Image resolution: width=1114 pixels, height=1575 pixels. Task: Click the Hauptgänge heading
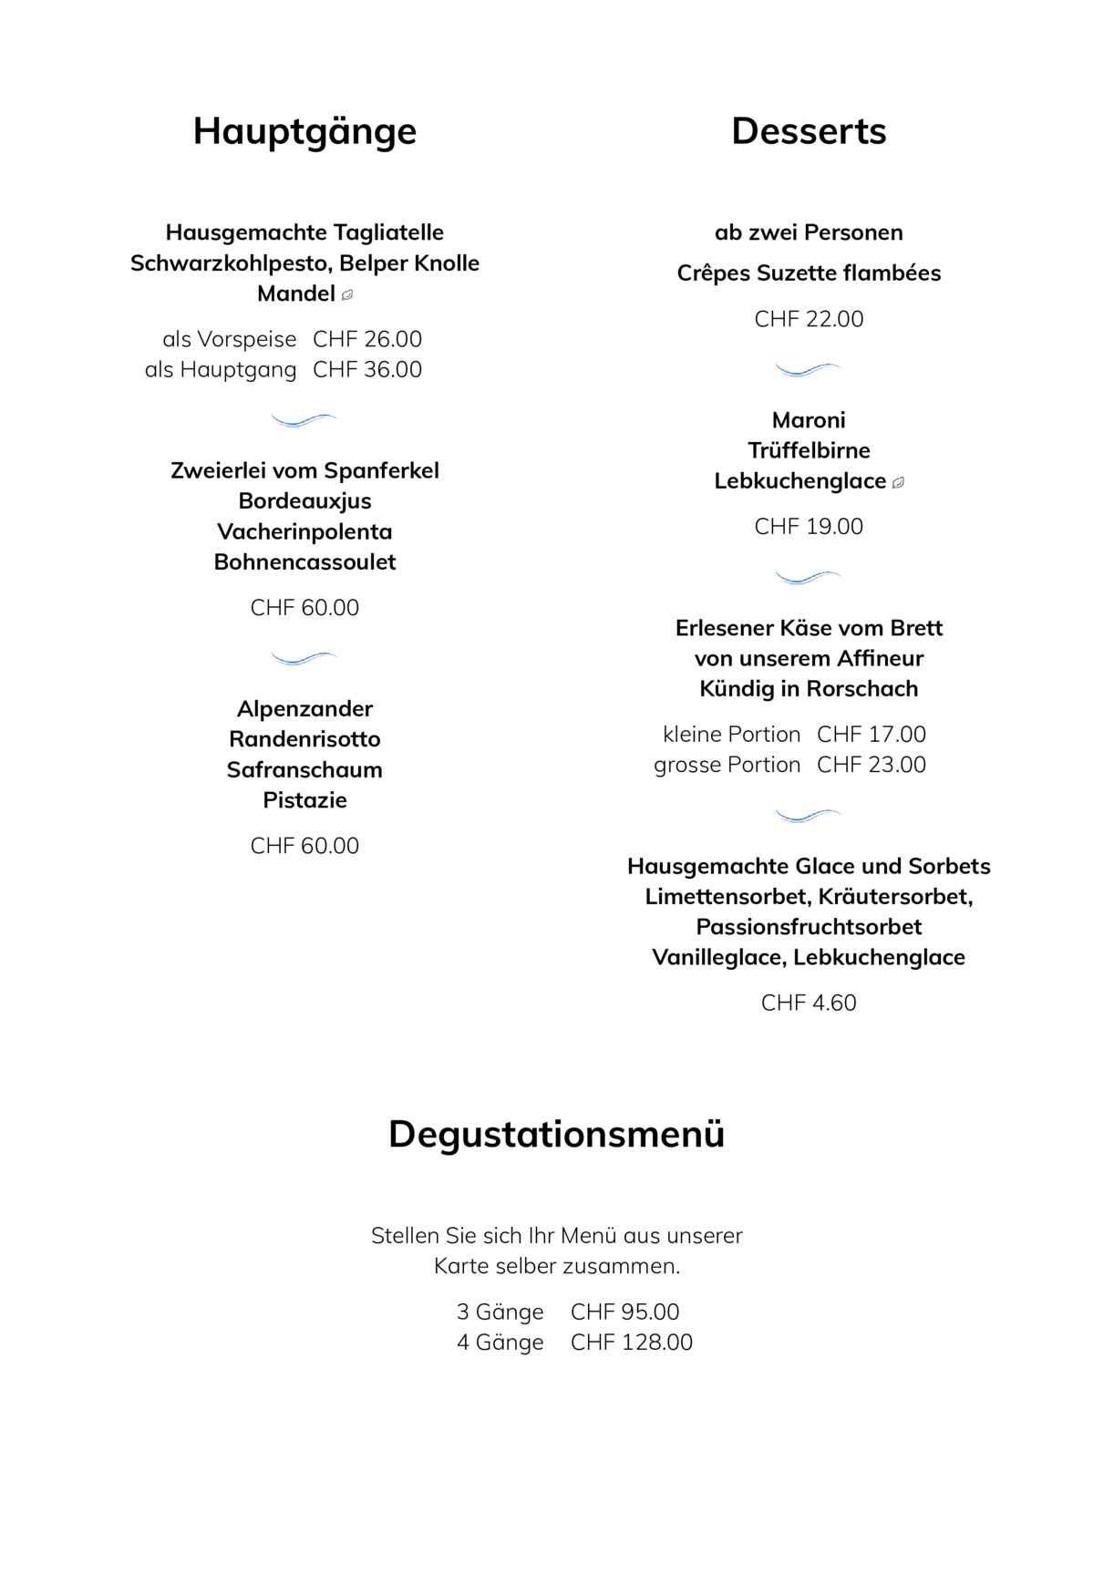pyautogui.click(x=304, y=131)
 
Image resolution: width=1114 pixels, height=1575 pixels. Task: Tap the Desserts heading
pyautogui.click(x=809, y=131)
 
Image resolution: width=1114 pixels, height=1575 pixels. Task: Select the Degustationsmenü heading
pyautogui.click(x=556, y=1135)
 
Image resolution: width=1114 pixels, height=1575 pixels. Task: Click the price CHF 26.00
pyautogui.click(x=367, y=339)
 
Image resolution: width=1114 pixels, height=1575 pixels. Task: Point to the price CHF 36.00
pyautogui.click(x=367, y=370)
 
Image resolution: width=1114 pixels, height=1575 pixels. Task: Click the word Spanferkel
pyautogui.click(x=381, y=471)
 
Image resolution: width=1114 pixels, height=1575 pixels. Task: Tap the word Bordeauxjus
pyautogui.click(x=304, y=501)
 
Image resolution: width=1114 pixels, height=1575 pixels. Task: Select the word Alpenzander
pyautogui.click(x=304, y=709)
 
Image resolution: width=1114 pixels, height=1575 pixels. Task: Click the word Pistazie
pyautogui.click(x=304, y=800)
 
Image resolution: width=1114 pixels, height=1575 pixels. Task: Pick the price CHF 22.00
pyautogui.click(x=809, y=319)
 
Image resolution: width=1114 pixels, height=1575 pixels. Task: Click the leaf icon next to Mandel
pyautogui.click(x=347, y=295)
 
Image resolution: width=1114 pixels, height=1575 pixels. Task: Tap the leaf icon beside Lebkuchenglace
pyautogui.click(x=898, y=482)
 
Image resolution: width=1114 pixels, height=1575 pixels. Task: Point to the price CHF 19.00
pyautogui.click(x=809, y=527)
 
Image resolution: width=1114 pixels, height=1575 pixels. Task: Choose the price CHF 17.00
pyautogui.click(x=872, y=735)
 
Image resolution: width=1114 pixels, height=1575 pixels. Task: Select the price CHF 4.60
pyautogui.click(x=809, y=1003)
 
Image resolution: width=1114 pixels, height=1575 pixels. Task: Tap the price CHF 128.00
pyautogui.click(x=632, y=1343)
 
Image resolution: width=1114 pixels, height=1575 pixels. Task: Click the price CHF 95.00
pyautogui.click(x=625, y=1312)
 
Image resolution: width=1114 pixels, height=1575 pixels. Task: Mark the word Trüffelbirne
pyautogui.click(x=809, y=451)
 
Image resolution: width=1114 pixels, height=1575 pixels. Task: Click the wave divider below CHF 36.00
pyautogui.click(x=304, y=420)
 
